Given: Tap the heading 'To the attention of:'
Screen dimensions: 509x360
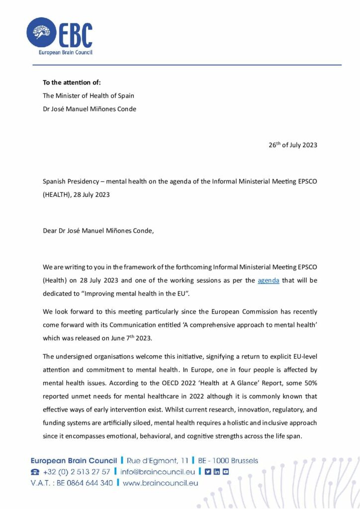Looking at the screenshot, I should [72, 83].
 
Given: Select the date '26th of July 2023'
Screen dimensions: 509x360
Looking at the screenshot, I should [293, 145].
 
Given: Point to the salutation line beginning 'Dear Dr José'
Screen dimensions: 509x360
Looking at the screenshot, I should [98, 231].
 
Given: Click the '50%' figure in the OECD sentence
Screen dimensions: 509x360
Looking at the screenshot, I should [308, 384].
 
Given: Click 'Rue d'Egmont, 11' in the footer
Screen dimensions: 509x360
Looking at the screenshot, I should [158, 460].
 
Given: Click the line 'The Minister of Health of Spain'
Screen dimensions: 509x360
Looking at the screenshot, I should [88, 95].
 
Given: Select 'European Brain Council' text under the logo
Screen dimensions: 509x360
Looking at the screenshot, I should [66, 52].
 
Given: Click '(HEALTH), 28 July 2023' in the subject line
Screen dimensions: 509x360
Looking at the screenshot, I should [76, 194].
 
